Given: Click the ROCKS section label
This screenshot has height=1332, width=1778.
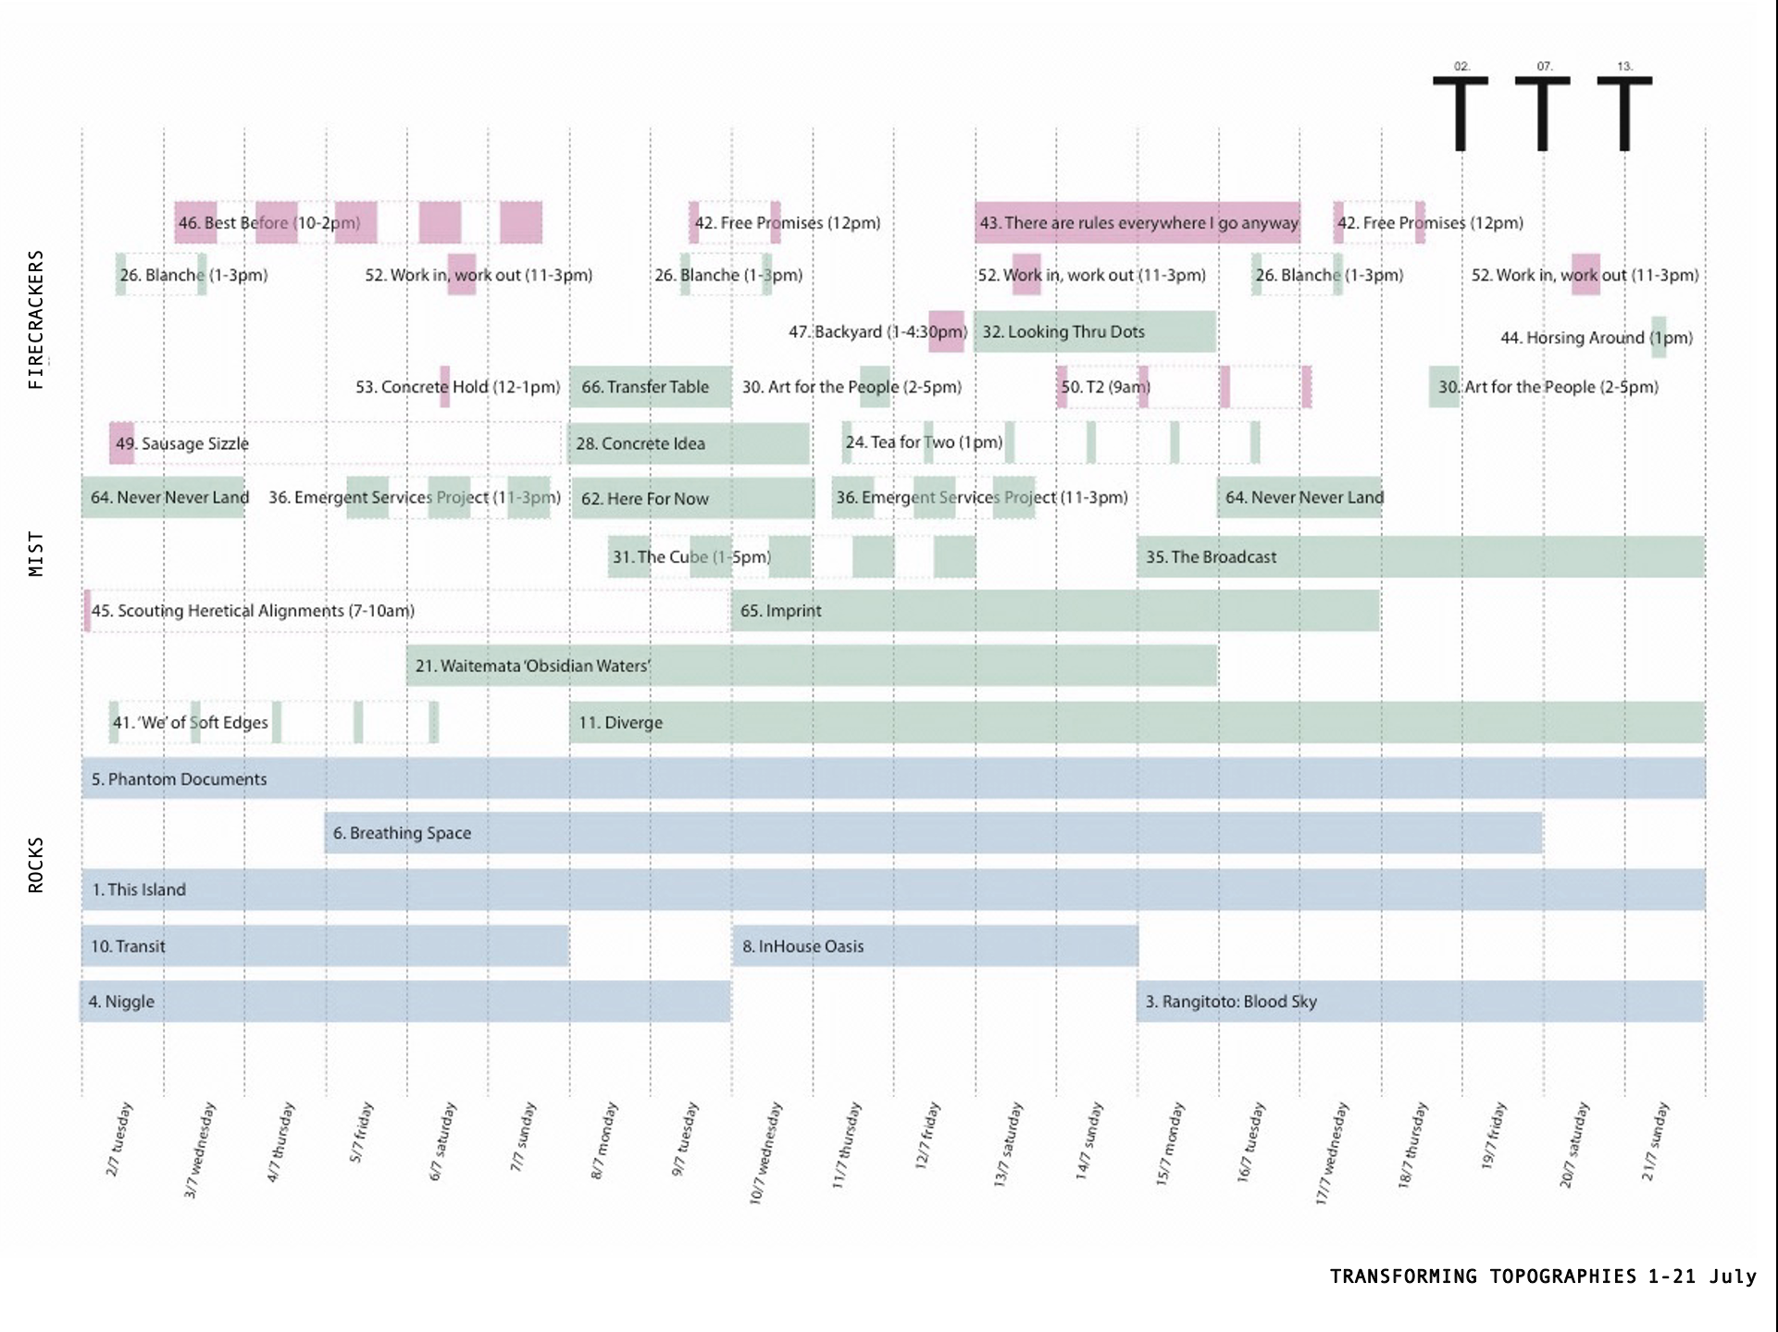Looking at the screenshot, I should click(36, 865).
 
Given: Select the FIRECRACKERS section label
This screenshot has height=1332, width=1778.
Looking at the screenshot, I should click(36, 319).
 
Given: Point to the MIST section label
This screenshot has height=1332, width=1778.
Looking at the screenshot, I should click(36, 554).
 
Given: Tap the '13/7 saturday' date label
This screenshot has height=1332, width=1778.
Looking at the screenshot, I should click(1008, 1144).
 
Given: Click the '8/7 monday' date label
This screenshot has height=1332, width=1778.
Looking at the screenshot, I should click(603, 1140).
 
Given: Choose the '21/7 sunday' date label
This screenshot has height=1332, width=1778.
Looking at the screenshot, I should click(1655, 1140).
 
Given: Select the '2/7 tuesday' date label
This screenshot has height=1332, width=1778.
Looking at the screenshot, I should click(119, 1139).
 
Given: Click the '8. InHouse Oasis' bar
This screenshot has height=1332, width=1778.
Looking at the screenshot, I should click(935, 946).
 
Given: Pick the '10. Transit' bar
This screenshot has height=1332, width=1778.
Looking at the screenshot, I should click(325, 946).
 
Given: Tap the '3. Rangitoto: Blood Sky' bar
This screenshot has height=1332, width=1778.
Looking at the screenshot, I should click(1420, 1002).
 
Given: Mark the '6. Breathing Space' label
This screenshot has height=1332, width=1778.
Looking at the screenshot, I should click(402, 833).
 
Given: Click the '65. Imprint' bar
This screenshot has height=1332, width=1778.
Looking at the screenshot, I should click(1055, 611).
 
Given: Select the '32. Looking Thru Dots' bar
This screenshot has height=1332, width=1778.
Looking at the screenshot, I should click(1094, 331).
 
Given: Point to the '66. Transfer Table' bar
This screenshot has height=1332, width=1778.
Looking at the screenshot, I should click(650, 387).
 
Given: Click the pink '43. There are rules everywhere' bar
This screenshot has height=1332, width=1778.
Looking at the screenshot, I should click(1138, 223).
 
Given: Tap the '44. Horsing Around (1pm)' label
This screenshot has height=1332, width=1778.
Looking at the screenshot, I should click(1596, 338).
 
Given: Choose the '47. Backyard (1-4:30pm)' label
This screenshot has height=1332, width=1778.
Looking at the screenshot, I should click(877, 331).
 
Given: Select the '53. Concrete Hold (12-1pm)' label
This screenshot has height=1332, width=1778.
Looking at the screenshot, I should click(457, 387).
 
